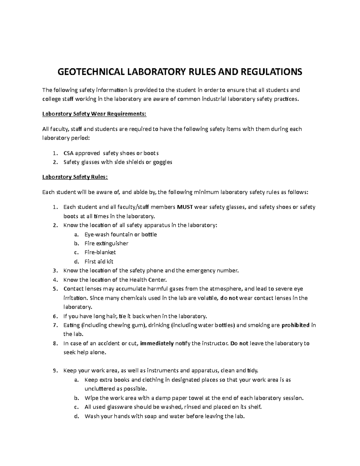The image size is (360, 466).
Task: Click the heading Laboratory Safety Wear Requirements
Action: (94, 114)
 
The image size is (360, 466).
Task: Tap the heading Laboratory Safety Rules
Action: (75, 177)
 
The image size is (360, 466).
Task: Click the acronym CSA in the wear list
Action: (68, 153)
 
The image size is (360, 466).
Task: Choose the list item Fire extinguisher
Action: (106, 243)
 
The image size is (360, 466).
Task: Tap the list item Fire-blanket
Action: (100, 252)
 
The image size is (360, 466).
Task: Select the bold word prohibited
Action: (295, 325)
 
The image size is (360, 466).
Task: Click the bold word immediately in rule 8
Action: (157, 344)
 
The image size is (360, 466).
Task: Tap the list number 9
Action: (54, 371)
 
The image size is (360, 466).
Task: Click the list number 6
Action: (54, 316)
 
